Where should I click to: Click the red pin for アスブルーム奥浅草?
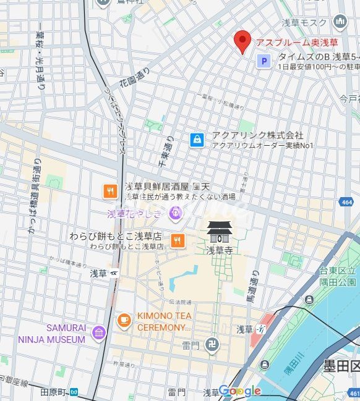click(242, 41)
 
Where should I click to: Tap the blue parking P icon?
click(264, 61)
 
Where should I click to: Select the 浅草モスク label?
click(306, 22)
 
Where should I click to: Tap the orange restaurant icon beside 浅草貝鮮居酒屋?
click(111, 191)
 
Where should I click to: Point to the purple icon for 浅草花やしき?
click(176, 214)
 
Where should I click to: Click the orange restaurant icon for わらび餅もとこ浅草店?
click(178, 240)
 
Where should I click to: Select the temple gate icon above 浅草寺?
click(219, 233)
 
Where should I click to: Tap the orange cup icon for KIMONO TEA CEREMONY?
click(124, 319)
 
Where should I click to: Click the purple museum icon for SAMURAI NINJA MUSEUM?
click(98, 334)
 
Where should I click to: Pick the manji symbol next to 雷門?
click(212, 345)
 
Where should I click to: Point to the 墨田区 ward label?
click(341, 367)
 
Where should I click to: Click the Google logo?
click(240, 390)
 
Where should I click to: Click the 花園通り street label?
click(135, 78)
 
